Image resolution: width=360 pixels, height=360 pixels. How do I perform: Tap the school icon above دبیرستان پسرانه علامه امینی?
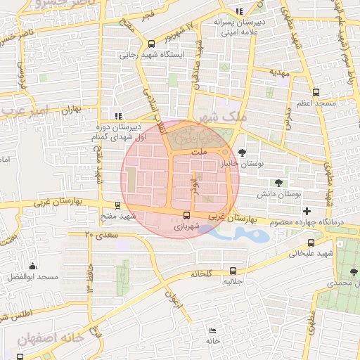point(240,11)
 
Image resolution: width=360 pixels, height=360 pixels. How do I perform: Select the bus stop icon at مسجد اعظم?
point(316,92)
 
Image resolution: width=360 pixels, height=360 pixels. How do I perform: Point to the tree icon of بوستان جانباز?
point(243,152)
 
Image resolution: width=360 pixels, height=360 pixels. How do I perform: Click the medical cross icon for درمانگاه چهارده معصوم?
point(306,211)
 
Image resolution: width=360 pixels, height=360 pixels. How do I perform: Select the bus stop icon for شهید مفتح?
point(117,206)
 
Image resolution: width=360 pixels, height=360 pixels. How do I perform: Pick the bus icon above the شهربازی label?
point(186,216)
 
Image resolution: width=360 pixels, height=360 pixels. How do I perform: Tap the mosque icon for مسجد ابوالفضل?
point(32,266)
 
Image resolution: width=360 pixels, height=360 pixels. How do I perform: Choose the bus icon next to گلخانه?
point(233,271)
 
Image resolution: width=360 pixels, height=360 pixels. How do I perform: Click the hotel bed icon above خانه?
point(212,330)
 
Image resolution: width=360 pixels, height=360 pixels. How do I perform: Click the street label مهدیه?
point(280,72)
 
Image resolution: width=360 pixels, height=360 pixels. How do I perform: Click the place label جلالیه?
point(233,281)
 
